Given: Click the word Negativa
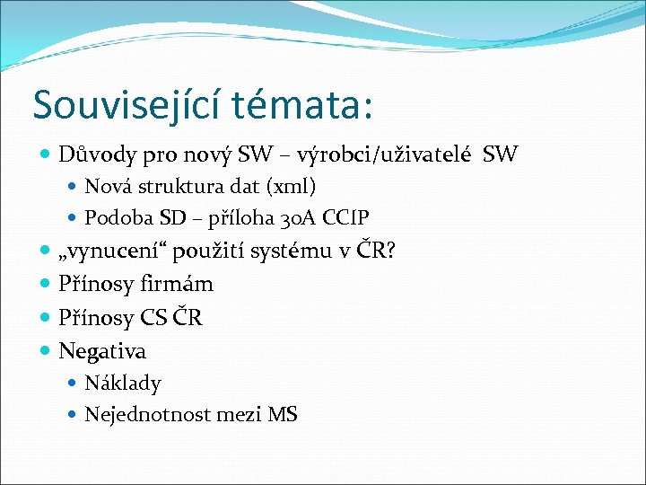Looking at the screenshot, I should [x=102, y=350].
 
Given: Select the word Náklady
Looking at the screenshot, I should [x=123, y=384].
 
